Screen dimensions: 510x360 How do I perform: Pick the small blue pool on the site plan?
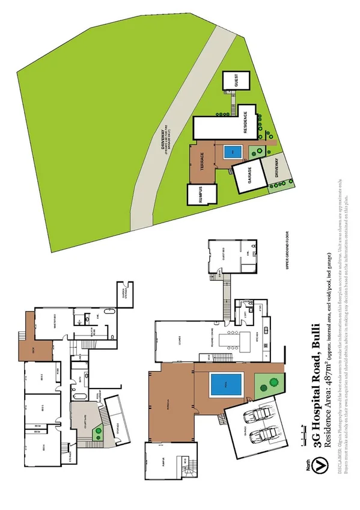233,152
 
